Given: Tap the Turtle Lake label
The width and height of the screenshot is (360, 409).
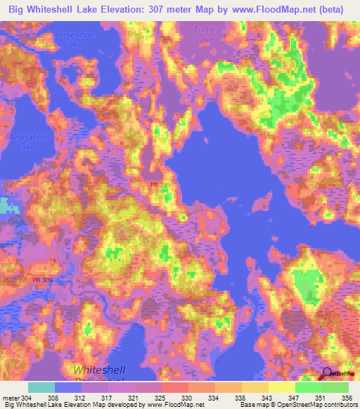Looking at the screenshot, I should click(x=205, y=34).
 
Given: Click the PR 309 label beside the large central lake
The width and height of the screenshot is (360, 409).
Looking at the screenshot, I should click(x=160, y=185).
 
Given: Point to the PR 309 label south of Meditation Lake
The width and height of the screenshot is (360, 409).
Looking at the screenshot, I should click(x=42, y=280).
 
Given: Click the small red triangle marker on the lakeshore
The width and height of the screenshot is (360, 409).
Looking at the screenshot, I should click(x=311, y=226).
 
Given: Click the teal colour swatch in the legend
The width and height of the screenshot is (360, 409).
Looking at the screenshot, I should click(x=41, y=387).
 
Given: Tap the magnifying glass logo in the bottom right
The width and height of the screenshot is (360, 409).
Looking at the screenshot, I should click(x=327, y=374).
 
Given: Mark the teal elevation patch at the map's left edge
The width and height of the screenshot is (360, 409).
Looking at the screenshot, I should click(x=6, y=206).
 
